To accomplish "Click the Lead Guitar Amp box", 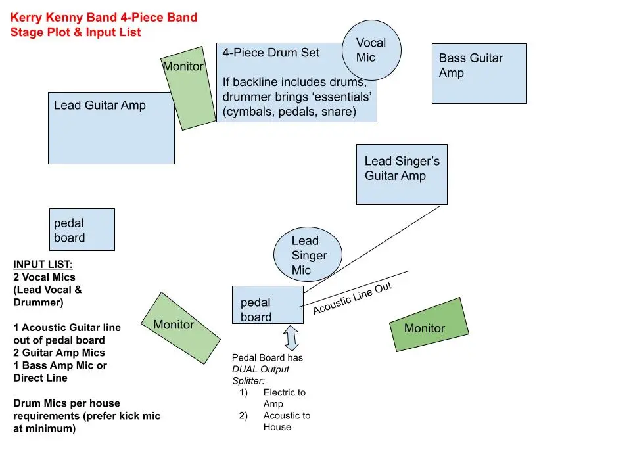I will click(x=111, y=127).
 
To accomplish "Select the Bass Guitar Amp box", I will click(x=479, y=74).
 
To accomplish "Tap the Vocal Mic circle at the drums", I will click(x=371, y=51).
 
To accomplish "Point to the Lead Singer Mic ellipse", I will click(x=308, y=256).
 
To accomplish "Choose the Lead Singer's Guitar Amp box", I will click(x=402, y=174).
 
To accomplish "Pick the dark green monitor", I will click(x=429, y=325).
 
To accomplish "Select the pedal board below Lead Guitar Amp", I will click(x=82, y=229).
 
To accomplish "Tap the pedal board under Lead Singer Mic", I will click(x=268, y=305).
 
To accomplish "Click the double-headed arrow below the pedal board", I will click(x=291, y=338).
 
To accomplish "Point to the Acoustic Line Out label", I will click(x=352, y=299).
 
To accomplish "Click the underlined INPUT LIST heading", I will click(x=43, y=265).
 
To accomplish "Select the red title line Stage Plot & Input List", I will click(x=76, y=32).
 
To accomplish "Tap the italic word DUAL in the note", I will click(x=245, y=369).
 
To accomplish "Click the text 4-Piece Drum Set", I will click(x=271, y=53).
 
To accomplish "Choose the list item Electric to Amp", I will click(x=284, y=398).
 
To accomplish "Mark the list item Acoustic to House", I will click(x=287, y=421).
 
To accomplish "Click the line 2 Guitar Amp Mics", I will click(x=59, y=353).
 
